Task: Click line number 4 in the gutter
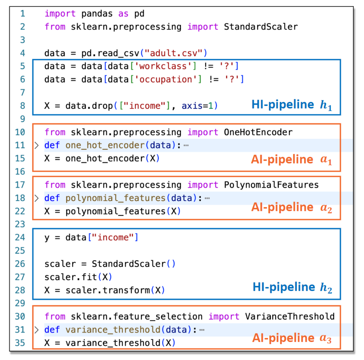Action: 22,53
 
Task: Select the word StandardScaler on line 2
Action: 261,27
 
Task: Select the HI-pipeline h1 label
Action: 292,105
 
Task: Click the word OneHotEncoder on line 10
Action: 258,132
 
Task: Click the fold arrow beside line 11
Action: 37,145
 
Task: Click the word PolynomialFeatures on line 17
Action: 271,185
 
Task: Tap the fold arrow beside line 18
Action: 37,198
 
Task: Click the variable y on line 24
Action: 47,238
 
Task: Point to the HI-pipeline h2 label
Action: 292,287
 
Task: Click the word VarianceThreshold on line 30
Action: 289,316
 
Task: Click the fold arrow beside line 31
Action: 37,330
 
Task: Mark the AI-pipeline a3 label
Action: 292,338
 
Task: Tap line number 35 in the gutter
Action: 20,343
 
